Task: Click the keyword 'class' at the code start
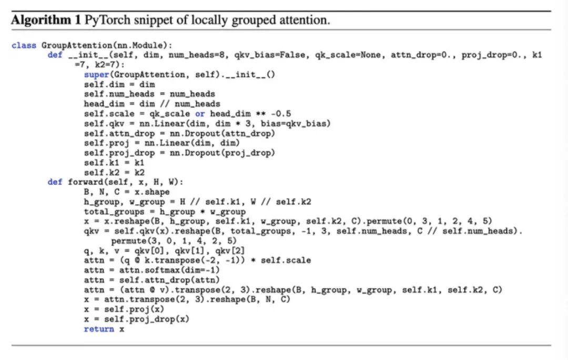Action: pos(24,45)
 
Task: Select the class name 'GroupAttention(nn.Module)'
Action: pos(107,45)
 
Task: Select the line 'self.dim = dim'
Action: pos(119,84)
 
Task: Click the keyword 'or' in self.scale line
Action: pos(200,114)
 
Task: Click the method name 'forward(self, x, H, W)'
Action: pos(125,182)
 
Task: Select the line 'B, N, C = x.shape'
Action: pos(127,192)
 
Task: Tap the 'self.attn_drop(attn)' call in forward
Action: pos(170,280)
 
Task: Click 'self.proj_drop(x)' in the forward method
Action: pos(147,319)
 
